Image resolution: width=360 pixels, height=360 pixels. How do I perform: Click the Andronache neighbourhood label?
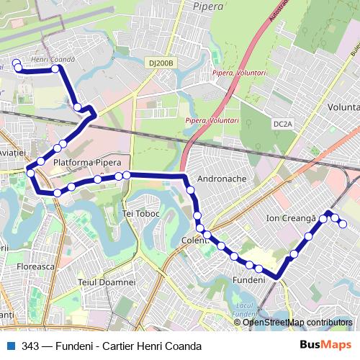222,179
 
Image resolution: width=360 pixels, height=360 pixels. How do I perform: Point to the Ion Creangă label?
291,217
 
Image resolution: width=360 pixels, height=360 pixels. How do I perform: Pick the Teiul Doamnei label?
107,282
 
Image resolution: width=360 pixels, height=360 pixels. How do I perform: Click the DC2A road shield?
283,124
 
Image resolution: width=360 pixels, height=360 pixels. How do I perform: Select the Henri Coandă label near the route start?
53,59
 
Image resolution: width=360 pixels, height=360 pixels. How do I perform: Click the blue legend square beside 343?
9,346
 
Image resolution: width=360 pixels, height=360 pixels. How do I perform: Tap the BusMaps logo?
325,346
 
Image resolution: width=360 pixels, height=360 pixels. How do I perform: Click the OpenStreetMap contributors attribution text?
297,323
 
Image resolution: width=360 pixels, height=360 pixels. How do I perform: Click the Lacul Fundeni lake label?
245,311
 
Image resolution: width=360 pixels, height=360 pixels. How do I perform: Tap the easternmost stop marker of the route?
343,224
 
